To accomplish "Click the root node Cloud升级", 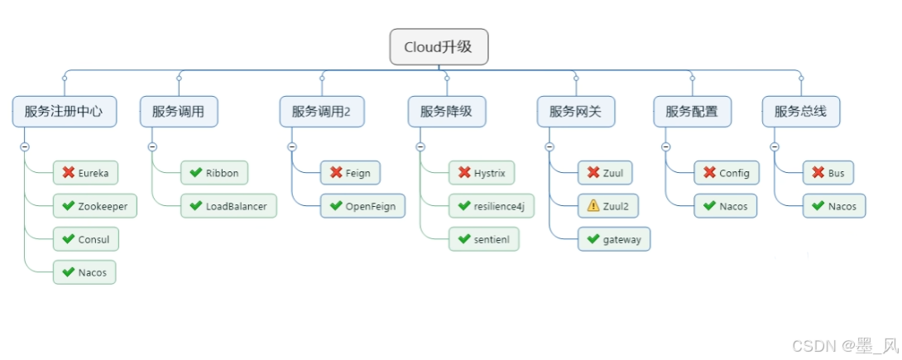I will pyautogui.click(x=439, y=47).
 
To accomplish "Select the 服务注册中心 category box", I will pyautogui.click(x=64, y=111).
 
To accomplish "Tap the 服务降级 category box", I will pyautogui.click(x=446, y=111).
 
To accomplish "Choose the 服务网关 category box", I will pyautogui.click(x=576, y=111).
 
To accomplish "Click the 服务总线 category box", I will pyautogui.click(x=800, y=111).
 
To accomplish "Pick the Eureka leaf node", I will pyautogui.click(x=85, y=173).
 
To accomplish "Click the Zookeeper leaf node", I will pyautogui.click(x=94, y=206).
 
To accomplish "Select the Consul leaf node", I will pyautogui.click(x=86, y=239).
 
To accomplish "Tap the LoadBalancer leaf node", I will pyautogui.click(x=228, y=206).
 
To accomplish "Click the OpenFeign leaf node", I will pyautogui.click(x=362, y=206).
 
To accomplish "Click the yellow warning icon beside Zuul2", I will pyautogui.click(x=593, y=206).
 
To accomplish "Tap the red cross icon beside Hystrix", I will pyautogui.click(x=464, y=173).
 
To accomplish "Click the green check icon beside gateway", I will pyautogui.click(x=593, y=239).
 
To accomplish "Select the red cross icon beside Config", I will pyautogui.click(x=709, y=173).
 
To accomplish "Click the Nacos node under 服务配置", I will pyautogui.click(x=725, y=206).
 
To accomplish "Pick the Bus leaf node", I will pyautogui.click(x=828, y=173).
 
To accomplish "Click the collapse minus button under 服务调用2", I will pyautogui.click(x=292, y=146).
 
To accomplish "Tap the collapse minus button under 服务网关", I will pyautogui.click(x=549, y=146).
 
